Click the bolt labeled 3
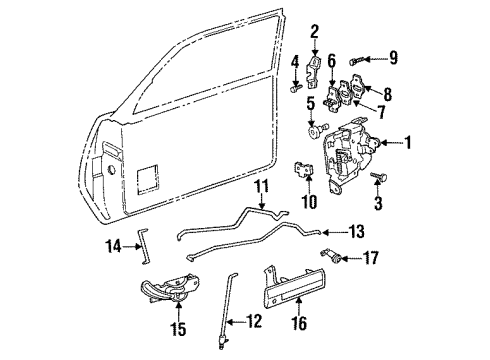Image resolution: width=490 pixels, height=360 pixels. (x=380, y=179)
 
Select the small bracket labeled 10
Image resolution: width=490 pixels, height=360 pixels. (x=304, y=171)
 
